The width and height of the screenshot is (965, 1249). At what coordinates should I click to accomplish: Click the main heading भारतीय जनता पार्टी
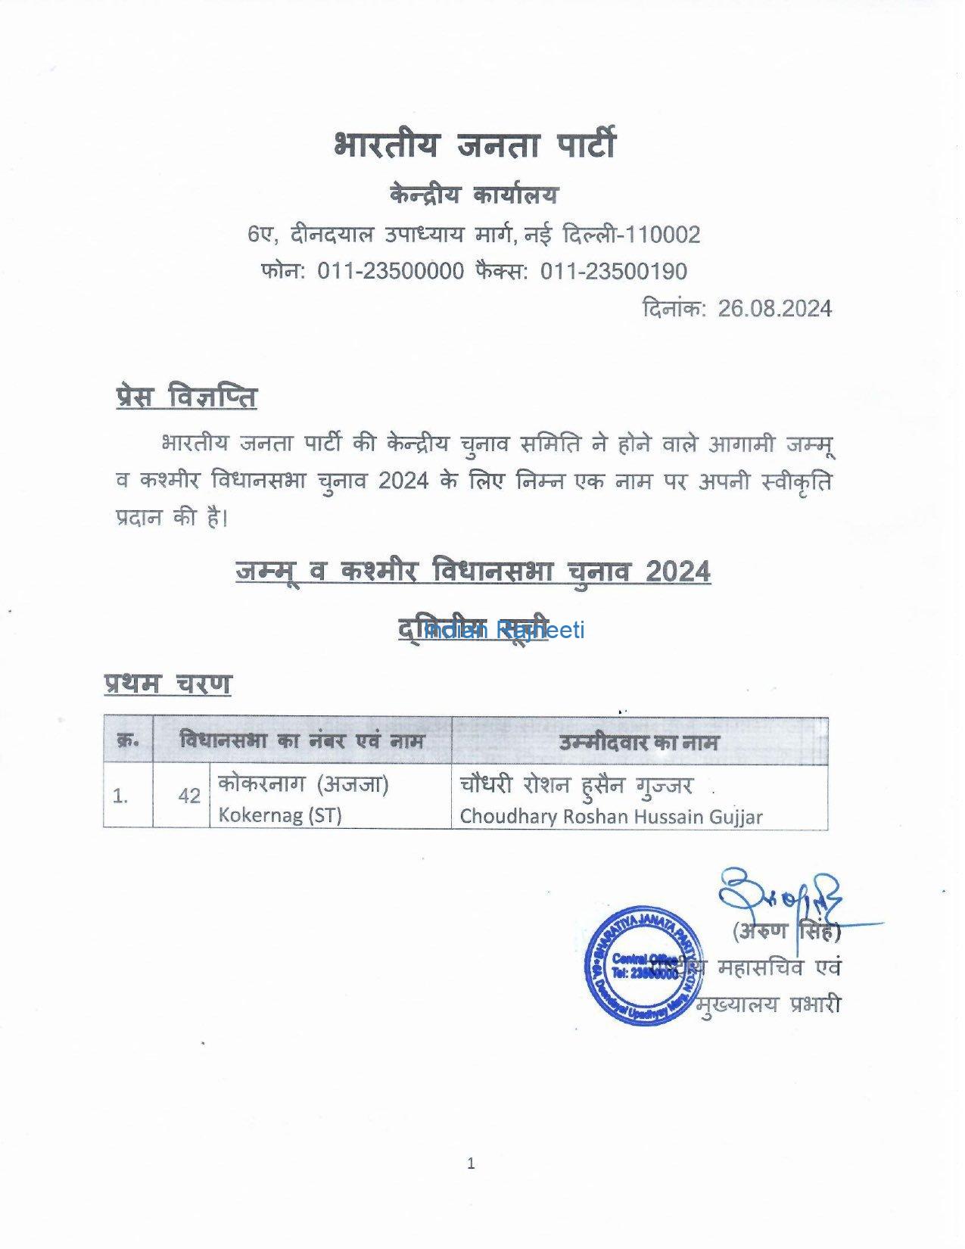(475, 144)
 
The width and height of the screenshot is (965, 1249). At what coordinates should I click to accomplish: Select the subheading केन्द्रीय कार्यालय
(475, 195)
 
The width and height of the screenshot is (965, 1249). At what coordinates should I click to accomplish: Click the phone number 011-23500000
(391, 271)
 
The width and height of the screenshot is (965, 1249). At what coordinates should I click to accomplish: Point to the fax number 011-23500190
(613, 271)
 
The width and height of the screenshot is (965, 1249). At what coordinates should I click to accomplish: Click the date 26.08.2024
(774, 309)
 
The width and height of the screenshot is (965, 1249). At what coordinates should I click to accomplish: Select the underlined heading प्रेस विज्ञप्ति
(186, 397)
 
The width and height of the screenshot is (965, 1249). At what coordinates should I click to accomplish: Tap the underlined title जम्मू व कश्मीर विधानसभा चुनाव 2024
(473, 572)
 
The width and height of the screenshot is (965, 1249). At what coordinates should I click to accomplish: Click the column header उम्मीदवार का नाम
(639, 742)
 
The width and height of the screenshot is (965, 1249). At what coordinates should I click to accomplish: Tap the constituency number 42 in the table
(189, 796)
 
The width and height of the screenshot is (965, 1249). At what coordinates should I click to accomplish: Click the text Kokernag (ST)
(280, 815)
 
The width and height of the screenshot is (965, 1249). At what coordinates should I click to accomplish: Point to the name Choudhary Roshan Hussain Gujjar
(611, 817)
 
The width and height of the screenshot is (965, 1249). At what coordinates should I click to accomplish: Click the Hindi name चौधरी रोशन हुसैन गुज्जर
(575, 786)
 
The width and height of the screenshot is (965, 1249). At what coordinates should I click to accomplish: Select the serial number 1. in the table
(120, 796)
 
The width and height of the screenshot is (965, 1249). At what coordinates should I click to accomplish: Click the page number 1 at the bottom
(471, 1163)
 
